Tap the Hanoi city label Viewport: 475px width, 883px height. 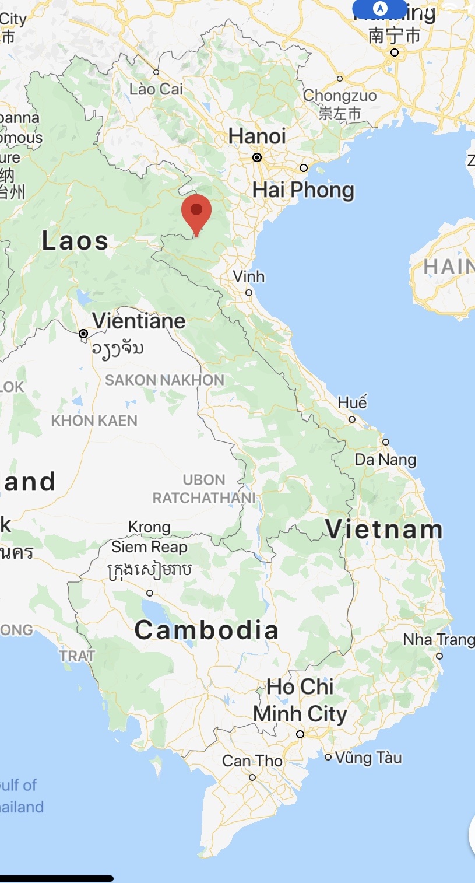(x=257, y=136)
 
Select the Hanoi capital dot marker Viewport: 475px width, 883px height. (x=257, y=157)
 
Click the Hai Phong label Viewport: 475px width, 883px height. (x=303, y=190)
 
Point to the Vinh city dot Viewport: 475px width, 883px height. (x=249, y=293)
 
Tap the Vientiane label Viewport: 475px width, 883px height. (x=139, y=321)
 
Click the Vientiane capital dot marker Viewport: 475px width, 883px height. (x=83, y=334)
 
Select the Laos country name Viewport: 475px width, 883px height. (x=75, y=241)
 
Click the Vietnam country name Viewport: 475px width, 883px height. (x=384, y=530)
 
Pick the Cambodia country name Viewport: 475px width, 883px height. (x=206, y=630)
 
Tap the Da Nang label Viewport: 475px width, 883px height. (x=385, y=460)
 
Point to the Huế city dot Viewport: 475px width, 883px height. (x=352, y=419)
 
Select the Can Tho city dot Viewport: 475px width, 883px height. (x=252, y=777)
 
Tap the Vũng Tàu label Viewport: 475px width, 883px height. (x=368, y=758)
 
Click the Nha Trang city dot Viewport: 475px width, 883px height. (x=439, y=656)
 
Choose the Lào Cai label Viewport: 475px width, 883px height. (x=156, y=89)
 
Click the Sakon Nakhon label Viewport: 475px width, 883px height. (x=164, y=380)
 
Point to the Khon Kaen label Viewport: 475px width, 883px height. (x=94, y=421)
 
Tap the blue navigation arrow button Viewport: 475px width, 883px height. (x=380, y=9)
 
